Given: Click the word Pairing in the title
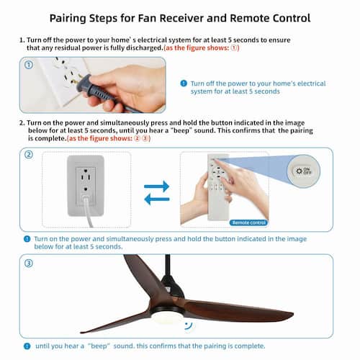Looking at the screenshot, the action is [x=68, y=19].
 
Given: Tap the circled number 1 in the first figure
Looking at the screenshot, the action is [x=29, y=65].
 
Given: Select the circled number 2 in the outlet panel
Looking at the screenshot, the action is [x=29, y=154].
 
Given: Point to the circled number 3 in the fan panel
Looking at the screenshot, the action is [x=29, y=264].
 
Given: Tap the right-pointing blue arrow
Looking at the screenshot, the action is [x=157, y=186].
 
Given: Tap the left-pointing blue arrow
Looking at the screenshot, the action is [x=157, y=199].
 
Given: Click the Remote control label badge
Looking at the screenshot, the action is [x=248, y=222].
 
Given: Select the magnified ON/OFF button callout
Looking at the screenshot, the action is [x=304, y=171].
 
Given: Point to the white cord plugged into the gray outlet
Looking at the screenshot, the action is [x=87, y=211].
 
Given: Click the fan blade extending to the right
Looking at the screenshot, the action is [x=240, y=310].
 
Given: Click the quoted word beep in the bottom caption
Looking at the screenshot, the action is [x=99, y=346].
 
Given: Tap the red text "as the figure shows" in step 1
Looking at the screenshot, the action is [x=196, y=48].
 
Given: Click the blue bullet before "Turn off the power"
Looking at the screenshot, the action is [x=184, y=84].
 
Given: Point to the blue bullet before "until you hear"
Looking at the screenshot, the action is [x=27, y=346].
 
